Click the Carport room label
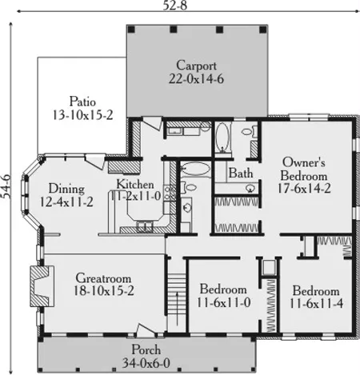196,66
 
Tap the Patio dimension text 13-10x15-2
82,115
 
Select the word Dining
66,189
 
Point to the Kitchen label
135,184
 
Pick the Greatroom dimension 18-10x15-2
103,290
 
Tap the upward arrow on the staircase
177,309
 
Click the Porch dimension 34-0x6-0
146,363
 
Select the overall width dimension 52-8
175,5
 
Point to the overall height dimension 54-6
6,186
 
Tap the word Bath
241,174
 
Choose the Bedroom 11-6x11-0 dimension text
223,302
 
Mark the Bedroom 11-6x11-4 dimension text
316,304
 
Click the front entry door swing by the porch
146,330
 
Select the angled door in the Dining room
95,162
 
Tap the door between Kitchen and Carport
152,124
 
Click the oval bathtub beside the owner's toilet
222,138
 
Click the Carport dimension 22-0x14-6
196,79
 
